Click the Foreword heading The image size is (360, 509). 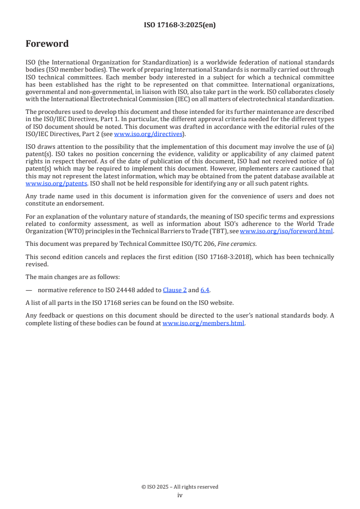pyautogui.click(x=47, y=44)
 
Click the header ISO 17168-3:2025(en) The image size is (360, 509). pyautogui.click(x=180, y=25)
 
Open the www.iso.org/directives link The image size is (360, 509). pyautogui.click(x=148, y=134)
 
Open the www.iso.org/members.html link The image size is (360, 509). pyautogui.click(x=203, y=323)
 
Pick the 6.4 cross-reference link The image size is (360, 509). pyautogui.click(x=205, y=290)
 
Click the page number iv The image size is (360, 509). pyautogui.click(x=180, y=495)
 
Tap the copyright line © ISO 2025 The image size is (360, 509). pyautogui.click(x=180, y=487)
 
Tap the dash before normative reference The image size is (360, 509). pyautogui.click(x=29, y=290)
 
